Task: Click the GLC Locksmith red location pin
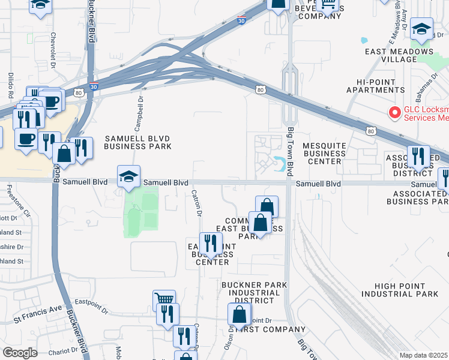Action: click(394, 112)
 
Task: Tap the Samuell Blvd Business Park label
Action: click(137, 142)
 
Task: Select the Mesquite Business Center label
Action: click(324, 153)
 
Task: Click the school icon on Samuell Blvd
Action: click(128, 176)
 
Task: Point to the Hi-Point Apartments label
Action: click(381, 85)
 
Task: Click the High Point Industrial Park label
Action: click(400, 290)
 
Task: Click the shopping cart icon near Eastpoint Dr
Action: click(164, 299)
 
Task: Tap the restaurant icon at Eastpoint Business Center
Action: click(209, 244)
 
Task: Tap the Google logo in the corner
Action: click(20, 353)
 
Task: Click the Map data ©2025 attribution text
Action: click(423, 355)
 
